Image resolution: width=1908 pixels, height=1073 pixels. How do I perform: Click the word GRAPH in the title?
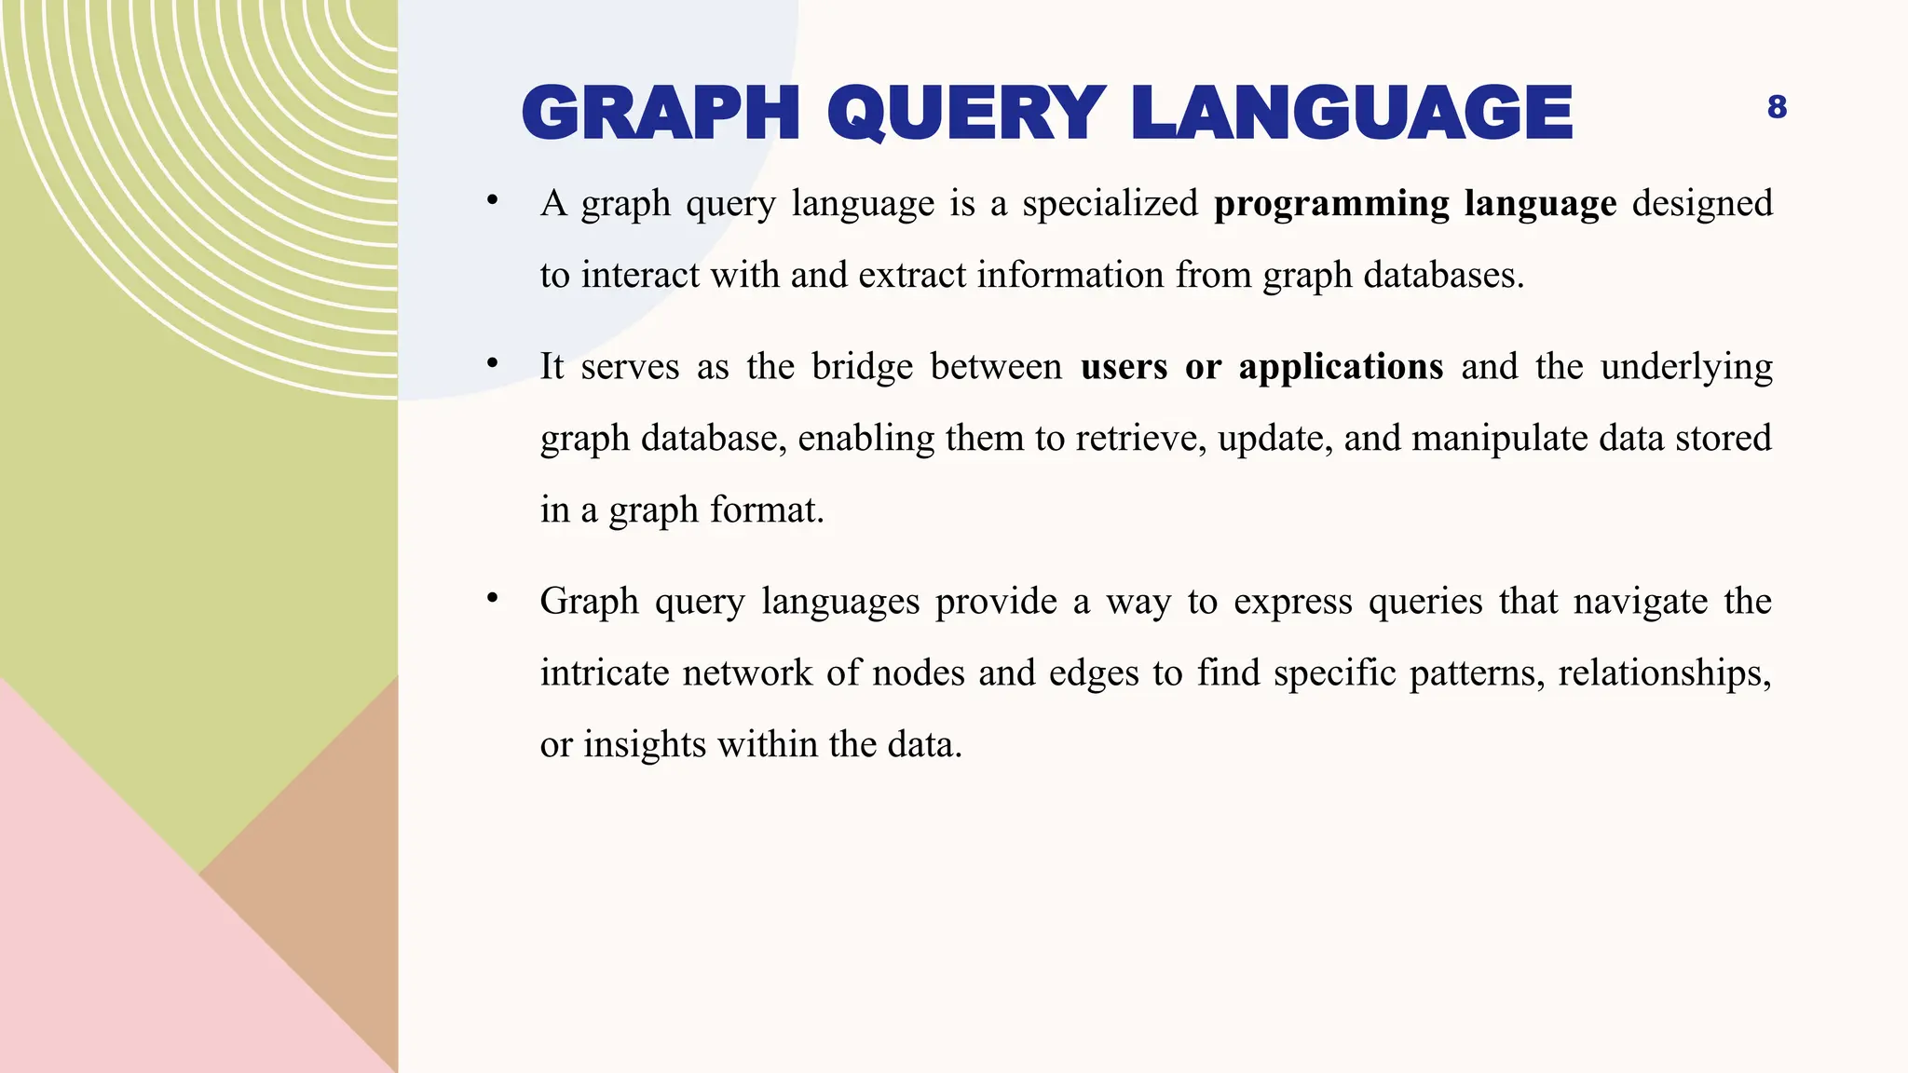click(x=661, y=114)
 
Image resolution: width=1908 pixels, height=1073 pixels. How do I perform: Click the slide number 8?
click(x=1777, y=108)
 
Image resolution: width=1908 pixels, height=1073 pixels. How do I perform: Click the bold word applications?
click(x=1341, y=367)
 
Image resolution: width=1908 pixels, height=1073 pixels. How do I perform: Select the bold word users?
click(x=1124, y=367)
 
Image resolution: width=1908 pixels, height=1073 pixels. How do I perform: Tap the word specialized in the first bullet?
click(x=1110, y=204)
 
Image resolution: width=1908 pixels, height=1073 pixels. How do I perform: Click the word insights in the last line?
click(x=645, y=745)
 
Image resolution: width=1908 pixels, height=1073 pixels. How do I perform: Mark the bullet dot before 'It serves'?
click(x=493, y=363)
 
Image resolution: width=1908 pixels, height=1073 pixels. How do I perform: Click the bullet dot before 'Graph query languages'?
click(x=493, y=598)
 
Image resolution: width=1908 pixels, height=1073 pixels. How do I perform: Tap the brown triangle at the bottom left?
click(x=317, y=876)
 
